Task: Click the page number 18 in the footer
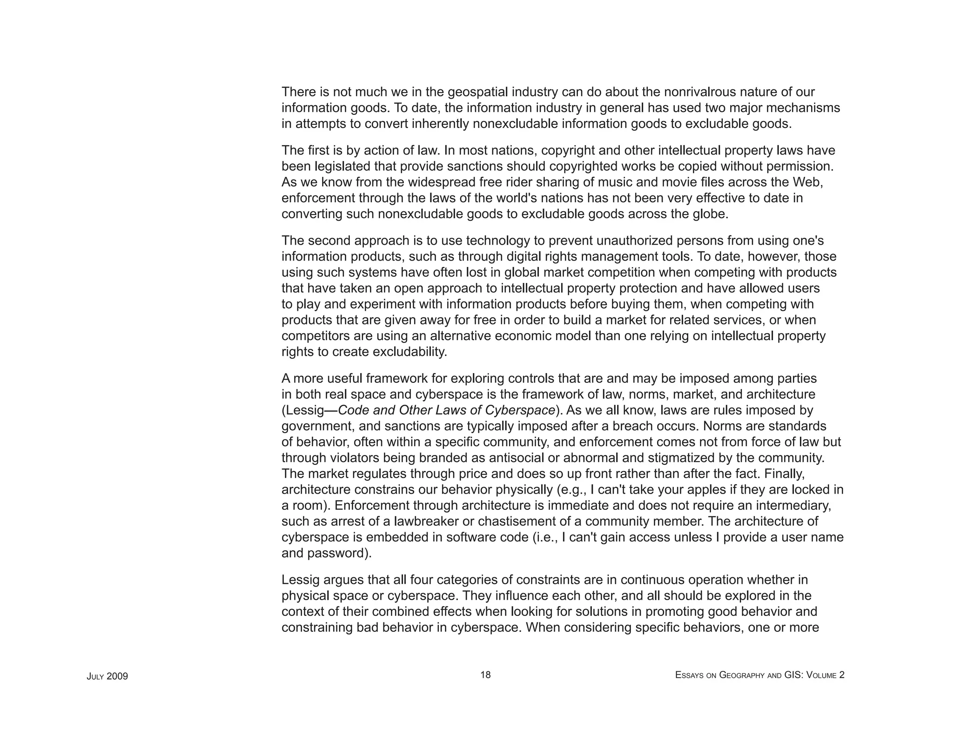(485, 675)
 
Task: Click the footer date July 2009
(107, 676)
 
